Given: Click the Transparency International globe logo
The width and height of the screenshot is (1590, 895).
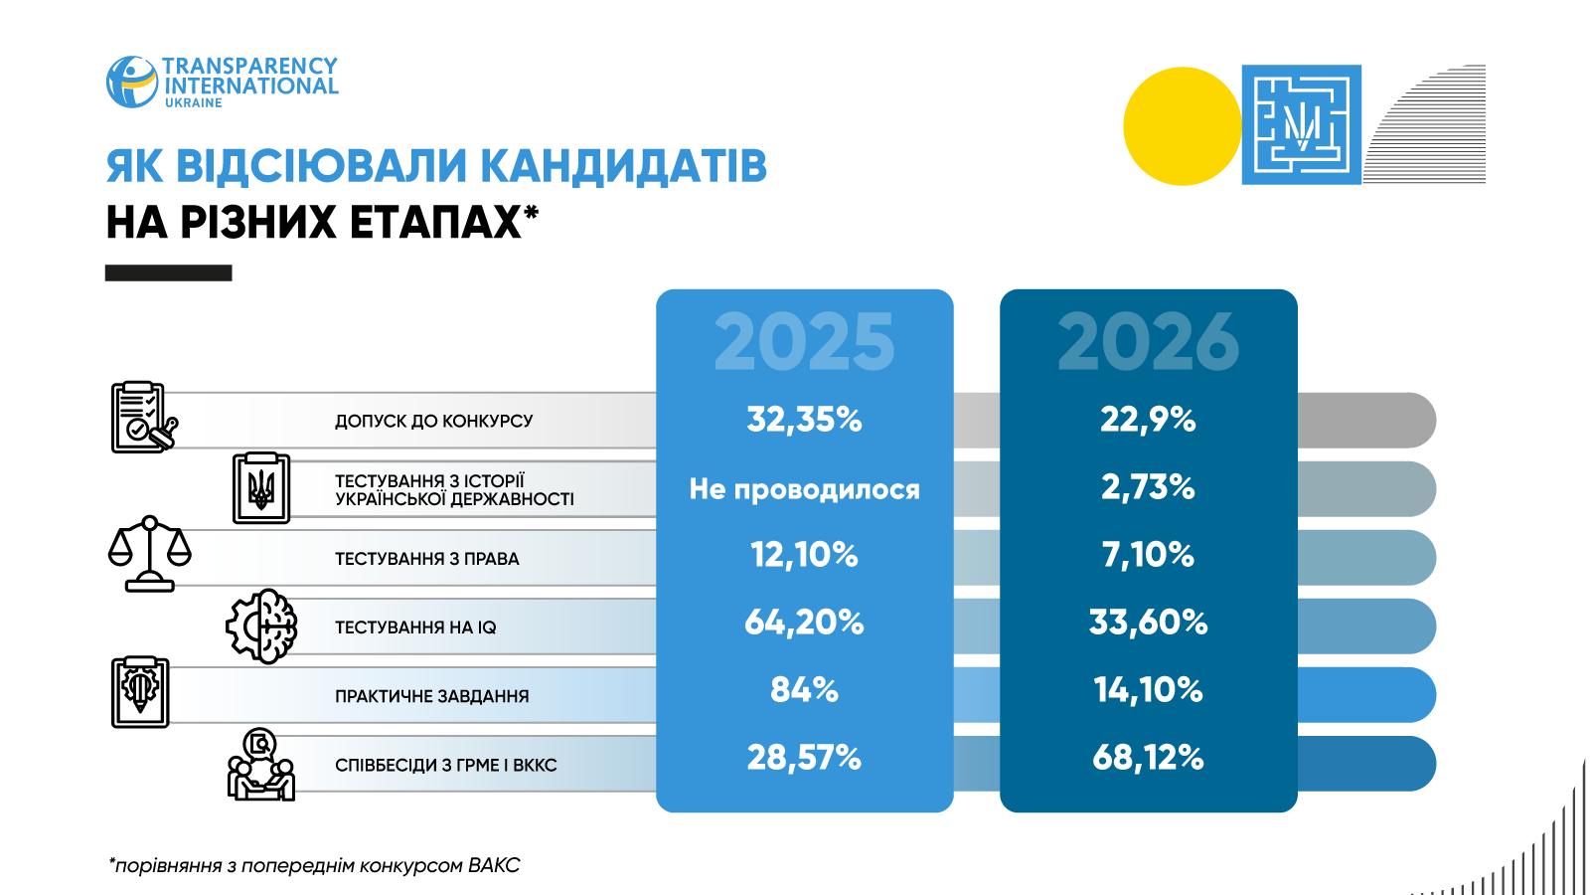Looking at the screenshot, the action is point(132,83).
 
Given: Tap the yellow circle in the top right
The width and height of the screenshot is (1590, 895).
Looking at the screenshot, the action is point(1183,125).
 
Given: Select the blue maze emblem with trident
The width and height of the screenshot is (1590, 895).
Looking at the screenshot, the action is point(1302,125).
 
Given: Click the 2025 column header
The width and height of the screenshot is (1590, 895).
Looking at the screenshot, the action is point(804,342).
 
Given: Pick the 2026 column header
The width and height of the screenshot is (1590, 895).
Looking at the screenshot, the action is point(1149,342).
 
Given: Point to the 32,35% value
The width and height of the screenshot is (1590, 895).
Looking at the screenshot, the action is point(804,419).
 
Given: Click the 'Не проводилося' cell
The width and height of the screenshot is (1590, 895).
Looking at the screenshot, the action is point(804,488).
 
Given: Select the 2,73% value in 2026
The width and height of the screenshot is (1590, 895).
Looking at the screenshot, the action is point(1148,487).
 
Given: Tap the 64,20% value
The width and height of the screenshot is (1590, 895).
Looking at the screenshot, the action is point(804,623).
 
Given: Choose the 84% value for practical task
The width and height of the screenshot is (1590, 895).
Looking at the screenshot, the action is point(804,690).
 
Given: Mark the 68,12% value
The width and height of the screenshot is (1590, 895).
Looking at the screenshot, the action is point(1148,757).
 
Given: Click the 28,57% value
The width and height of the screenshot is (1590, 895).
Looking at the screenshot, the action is point(804,757).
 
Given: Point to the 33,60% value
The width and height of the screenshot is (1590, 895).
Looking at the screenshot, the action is point(1148,623).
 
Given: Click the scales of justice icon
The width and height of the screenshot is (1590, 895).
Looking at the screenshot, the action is point(150,554).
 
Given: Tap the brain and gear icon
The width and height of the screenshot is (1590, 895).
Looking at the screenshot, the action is point(261,626).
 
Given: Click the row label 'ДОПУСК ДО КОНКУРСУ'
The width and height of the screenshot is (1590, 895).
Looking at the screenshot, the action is point(433,422).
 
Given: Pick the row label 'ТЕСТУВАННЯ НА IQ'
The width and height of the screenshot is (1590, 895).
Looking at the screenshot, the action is point(415,627).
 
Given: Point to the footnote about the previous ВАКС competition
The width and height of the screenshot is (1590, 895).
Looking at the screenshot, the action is point(314,865).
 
